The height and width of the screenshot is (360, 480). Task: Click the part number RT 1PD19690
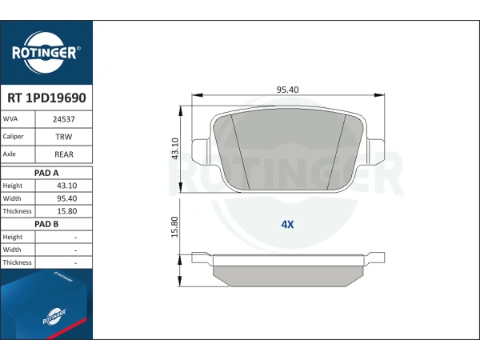tap(46, 98)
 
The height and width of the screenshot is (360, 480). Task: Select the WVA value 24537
tap(64, 119)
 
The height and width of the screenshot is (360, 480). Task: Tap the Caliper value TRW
tap(64, 137)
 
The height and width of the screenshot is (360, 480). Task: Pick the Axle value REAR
tap(64, 154)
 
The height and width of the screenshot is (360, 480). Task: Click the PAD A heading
tap(46, 173)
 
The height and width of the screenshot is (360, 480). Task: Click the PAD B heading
tap(46, 224)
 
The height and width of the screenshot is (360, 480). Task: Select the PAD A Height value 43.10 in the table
tap(66, 186)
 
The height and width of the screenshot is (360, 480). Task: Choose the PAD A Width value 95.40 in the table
tap(66, 198)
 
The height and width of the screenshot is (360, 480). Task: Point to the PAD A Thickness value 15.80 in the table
tap(66, 211)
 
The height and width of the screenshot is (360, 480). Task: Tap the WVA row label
tap(10, 118)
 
